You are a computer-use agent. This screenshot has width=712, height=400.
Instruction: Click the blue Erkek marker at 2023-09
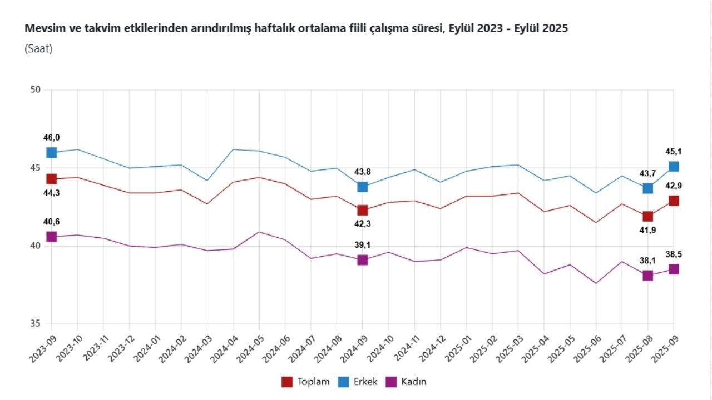51,152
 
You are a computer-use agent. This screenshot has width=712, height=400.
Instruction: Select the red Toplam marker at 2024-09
362,210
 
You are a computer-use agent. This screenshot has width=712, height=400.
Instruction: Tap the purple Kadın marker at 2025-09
673,269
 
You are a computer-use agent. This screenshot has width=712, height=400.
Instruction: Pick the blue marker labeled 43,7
647,188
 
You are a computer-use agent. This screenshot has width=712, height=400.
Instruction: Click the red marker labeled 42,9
673,201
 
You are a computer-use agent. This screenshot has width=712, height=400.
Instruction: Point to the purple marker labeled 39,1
362,259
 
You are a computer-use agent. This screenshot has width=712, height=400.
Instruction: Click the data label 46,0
51,138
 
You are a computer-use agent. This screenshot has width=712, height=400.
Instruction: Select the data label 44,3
51,193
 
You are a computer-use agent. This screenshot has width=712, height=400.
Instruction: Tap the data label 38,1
647,261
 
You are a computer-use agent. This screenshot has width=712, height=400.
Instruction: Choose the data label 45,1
673,152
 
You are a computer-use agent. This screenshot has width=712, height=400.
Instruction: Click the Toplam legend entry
306,382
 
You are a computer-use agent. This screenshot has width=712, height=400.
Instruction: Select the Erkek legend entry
358,382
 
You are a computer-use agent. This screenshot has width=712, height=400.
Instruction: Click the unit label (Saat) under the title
38,49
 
